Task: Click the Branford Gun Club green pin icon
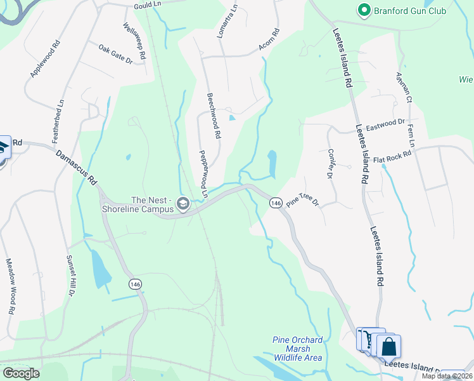(364, 10)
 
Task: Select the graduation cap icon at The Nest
(183, 203)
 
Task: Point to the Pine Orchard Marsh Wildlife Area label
(298, 349)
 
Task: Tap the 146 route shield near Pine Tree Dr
(275, 203)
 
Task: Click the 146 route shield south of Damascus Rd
(134, 283)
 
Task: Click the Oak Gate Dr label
(115, 53)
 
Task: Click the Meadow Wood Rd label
(10, 286)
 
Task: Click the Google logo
(21, 373)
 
